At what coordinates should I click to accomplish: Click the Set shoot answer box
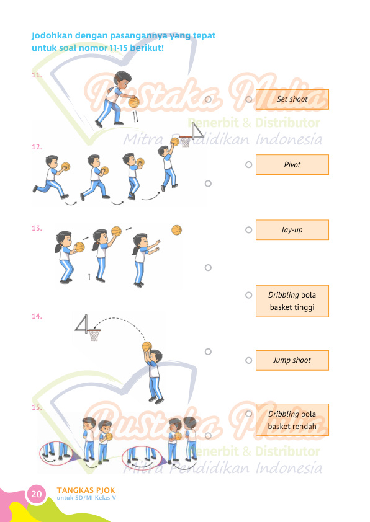coord(292,99)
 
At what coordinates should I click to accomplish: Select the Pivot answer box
coord(292,164)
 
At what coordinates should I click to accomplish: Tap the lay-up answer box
coord(292,230)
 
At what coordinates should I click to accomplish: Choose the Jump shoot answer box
coord(292,360)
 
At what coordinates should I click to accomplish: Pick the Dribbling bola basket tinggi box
coord(292,301)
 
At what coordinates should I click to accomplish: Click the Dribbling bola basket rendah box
coord(292,420)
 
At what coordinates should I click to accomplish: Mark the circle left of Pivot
coord(249,164)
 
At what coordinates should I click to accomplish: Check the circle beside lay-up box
coord(249,230)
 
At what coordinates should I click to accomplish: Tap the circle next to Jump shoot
coord(249,360)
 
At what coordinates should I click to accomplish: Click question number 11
coord(37,75)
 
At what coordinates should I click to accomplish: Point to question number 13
coord(37,228)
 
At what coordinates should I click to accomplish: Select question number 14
coord(37,316)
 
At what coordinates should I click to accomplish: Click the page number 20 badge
coord(37,493)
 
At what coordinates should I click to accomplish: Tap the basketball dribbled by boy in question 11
coord(133,102)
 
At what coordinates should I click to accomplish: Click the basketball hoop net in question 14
coord(94,335)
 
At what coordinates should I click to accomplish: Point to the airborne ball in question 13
coord(177,230)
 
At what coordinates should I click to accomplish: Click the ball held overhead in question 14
coord(147,347)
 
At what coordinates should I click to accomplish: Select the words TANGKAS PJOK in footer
coord(86,490)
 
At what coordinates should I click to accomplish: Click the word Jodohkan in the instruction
coord(52,35)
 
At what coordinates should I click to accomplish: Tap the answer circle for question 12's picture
coord(208,184)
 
